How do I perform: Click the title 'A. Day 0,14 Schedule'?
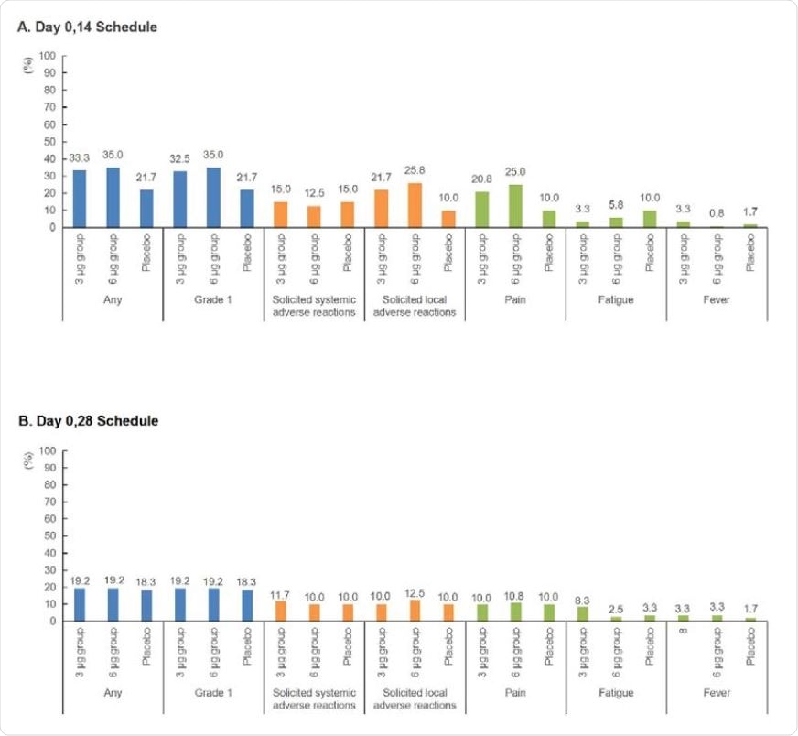pyautogui.click(x=88, y=27)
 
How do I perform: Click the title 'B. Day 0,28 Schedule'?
pyautogui.click(x=88, y=421)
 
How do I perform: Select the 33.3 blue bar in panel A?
pyautogui.click(x=80, y=199)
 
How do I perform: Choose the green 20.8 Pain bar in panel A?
pyautogui.click(x=481, y=210)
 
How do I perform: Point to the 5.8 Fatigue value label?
pyautogui.click(x=616, y=205)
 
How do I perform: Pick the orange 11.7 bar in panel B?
pyautogui.click(x=280, y=611)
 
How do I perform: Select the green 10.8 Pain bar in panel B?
pyautogui.click(x=515, y=612)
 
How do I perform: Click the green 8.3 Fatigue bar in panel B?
pyautogui.click(x=582, y=613)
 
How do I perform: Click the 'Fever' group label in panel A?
pyautogui.click(x=717, y=299)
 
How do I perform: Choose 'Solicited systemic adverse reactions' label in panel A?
pyautogui.click(x=314, y=306)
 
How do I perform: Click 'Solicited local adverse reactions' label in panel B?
pyautogui.click(x=415, y=699)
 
